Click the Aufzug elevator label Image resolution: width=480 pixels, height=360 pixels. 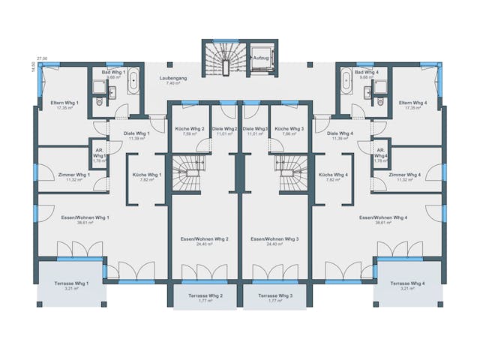tap(261, 57)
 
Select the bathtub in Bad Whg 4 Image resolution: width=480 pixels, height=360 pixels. tap(346, 80)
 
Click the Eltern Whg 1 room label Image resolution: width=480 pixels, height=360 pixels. tap(64, 103)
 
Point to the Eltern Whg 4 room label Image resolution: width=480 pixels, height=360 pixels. tap(413, 103)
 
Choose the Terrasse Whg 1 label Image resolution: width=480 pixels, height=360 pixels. tap(71, 283)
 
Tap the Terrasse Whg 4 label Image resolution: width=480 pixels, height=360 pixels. tap(407, 283)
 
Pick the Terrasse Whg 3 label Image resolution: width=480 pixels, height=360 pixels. tap(275, 295)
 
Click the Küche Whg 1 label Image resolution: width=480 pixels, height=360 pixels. tap(146, 175)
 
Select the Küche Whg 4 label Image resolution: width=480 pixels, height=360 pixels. tap(334, 175)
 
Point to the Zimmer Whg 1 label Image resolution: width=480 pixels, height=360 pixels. tap(73, 175)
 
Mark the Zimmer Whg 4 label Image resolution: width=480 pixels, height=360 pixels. tap(404, 175)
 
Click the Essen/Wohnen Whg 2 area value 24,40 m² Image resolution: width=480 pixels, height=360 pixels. tap(205, 244)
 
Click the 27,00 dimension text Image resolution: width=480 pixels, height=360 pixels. tap(43, 58)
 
